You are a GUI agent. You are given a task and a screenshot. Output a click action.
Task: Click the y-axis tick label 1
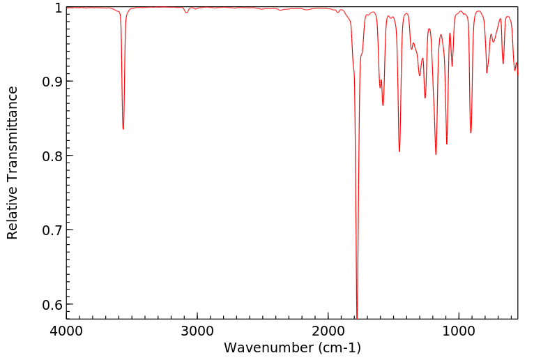click(59, 8)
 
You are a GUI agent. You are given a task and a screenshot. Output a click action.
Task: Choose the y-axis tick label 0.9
click(52, 82)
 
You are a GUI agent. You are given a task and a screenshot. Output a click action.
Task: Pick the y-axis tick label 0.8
click(52, 156)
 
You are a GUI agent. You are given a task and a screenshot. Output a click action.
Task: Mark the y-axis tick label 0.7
click(52, 230)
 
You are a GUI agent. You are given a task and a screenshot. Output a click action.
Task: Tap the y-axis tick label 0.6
click(52, 304)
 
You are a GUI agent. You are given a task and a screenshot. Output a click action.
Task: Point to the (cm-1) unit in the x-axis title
click(338, 347)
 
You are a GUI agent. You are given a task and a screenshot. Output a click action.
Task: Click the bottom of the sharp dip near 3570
click(123, 129)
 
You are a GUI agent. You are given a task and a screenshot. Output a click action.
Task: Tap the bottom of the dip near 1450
click(399, 151)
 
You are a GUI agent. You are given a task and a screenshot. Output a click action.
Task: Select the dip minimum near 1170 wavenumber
click(436, 154)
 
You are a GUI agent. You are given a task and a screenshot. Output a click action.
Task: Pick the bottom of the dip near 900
click(471, 133)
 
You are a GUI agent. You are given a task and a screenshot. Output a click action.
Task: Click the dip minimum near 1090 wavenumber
click(447, 144)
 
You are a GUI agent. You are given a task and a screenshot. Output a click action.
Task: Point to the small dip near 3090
click(186, 13)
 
